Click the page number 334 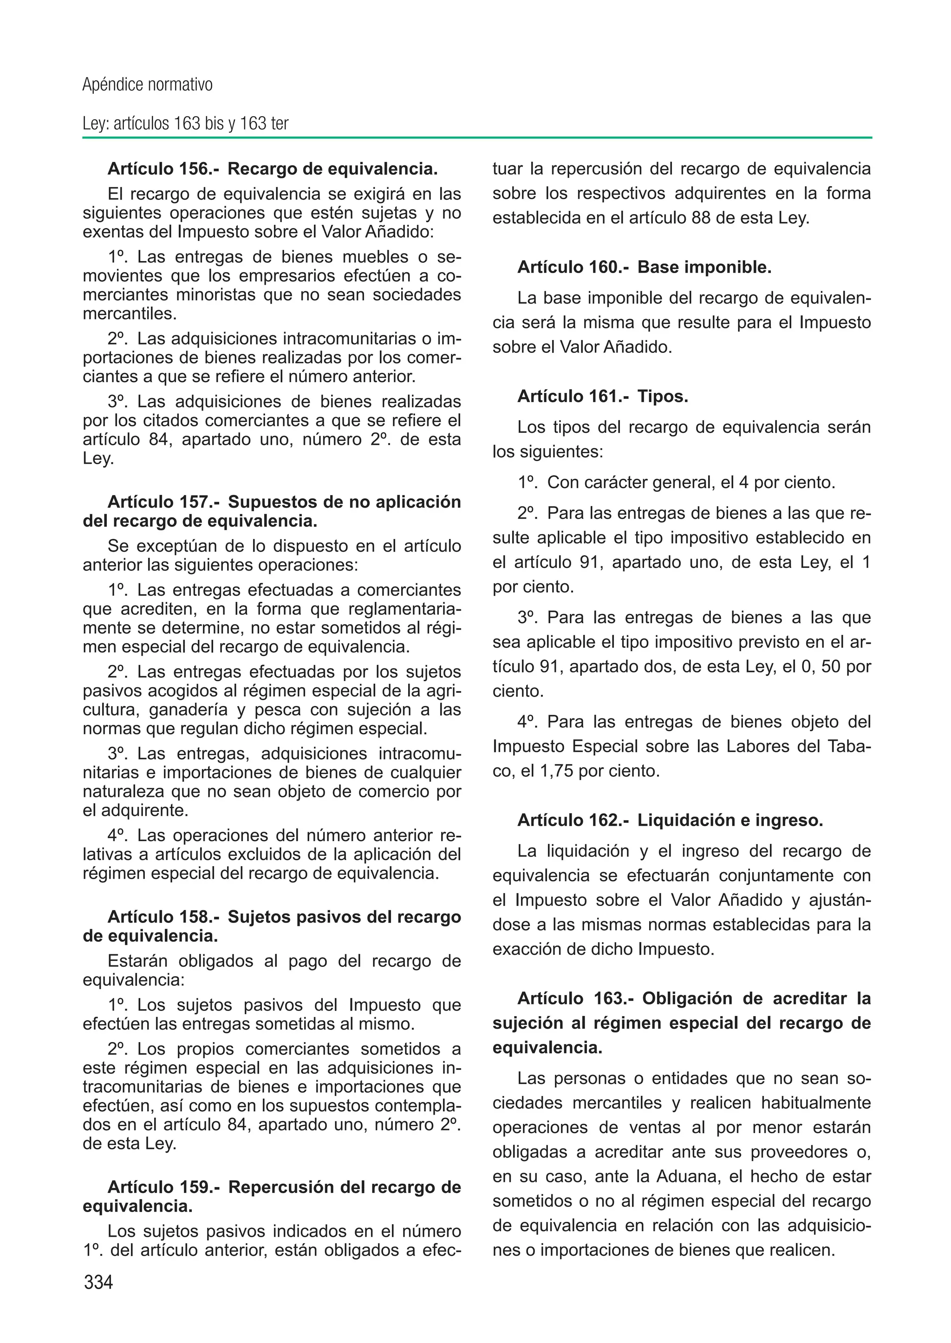(x=98, y=1282)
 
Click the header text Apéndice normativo (x=147, y=85)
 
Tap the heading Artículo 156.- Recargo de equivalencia (x=272, y=169)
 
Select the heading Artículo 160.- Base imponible (x=644, y=267)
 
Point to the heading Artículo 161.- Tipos (x=603, y=397)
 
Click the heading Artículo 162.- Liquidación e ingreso (x=670, y=821)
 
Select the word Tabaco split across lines (x=850, y=747)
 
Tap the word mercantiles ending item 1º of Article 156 (x=129, y=313)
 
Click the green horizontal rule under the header (x=477, y=137)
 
